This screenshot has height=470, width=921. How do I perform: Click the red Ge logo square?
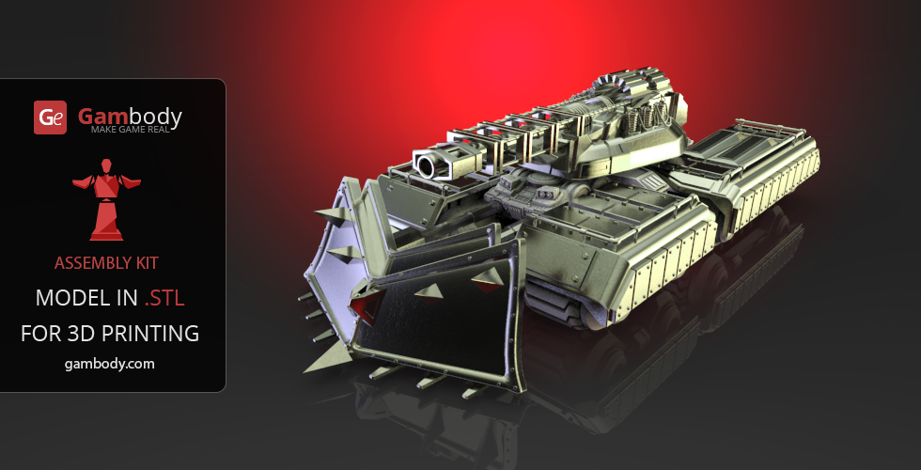click(50, 117)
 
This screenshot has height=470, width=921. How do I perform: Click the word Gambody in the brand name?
click(130, 117)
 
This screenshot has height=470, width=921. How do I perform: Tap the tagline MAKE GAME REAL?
click(130, 130)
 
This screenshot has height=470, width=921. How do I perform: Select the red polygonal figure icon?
click(106, 199)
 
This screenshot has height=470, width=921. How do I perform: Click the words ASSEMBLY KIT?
click(106, 263)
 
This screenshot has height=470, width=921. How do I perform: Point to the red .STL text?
click(164, 299)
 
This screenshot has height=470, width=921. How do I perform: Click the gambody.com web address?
click(109, 365)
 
